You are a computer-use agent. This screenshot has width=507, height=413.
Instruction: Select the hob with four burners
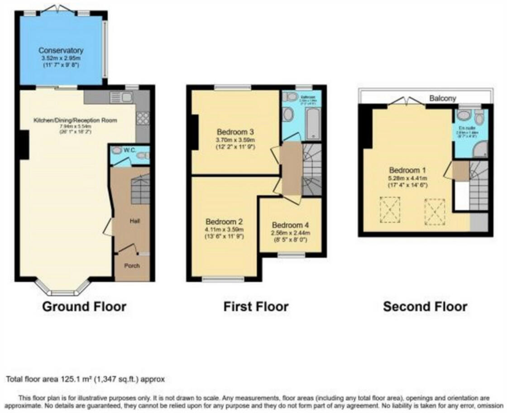143,118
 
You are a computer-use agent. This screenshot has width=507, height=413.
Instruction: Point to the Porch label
132,265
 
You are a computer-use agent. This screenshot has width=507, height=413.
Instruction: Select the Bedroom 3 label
235,132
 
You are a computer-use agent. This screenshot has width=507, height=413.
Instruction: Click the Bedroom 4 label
290,225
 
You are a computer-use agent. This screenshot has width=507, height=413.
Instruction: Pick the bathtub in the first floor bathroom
313,123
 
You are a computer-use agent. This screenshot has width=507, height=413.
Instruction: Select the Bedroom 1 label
407,171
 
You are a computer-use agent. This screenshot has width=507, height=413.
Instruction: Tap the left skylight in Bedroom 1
389,210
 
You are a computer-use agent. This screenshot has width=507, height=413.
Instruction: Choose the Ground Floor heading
84,307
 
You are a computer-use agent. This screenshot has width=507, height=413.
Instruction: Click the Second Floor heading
425,307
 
